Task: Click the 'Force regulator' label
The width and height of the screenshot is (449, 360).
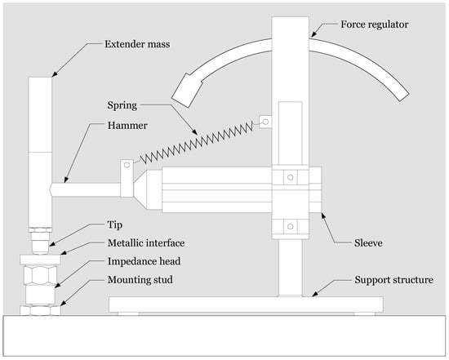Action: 374,24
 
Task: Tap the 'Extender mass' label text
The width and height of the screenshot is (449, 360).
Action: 137,44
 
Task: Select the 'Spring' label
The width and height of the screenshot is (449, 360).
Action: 122,105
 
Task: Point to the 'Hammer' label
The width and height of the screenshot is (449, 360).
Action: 127,126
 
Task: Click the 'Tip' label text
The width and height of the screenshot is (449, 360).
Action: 115,224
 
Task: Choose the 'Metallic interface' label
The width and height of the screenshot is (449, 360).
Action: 146,243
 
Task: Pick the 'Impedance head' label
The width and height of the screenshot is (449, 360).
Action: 144,261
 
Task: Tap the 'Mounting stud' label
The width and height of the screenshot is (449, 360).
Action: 140,280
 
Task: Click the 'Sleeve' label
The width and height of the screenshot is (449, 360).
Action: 368,243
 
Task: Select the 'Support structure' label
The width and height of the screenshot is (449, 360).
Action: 393,280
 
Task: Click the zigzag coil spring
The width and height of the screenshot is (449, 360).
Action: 197,142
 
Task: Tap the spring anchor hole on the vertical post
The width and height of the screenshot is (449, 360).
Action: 266,122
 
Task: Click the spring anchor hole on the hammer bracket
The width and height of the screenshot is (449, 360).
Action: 127,165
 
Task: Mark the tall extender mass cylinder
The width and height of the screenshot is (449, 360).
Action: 40,152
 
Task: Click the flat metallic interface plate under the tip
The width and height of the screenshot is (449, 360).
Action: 40,260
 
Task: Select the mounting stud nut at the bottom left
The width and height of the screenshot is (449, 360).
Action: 40,310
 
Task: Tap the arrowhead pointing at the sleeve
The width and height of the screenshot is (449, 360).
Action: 323,216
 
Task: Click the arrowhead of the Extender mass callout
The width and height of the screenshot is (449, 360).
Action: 55,73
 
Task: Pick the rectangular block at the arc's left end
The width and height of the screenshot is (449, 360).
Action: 187,91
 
